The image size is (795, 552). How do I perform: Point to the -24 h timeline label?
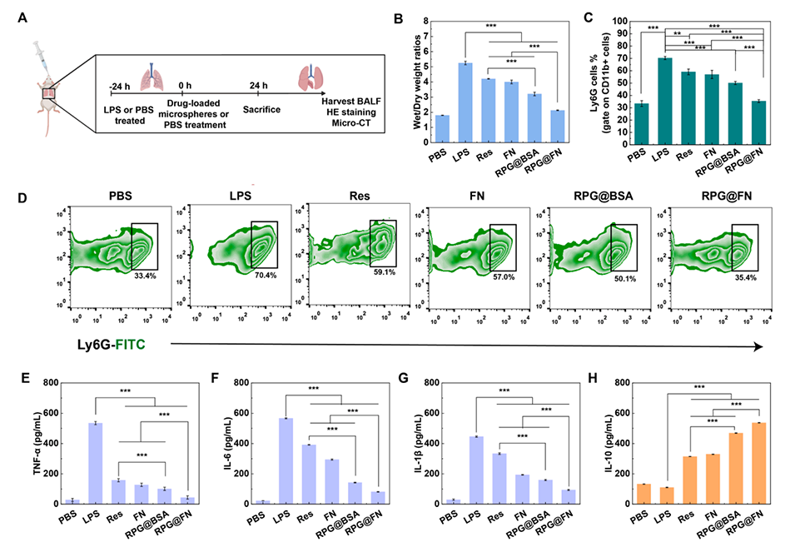point(120,84)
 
